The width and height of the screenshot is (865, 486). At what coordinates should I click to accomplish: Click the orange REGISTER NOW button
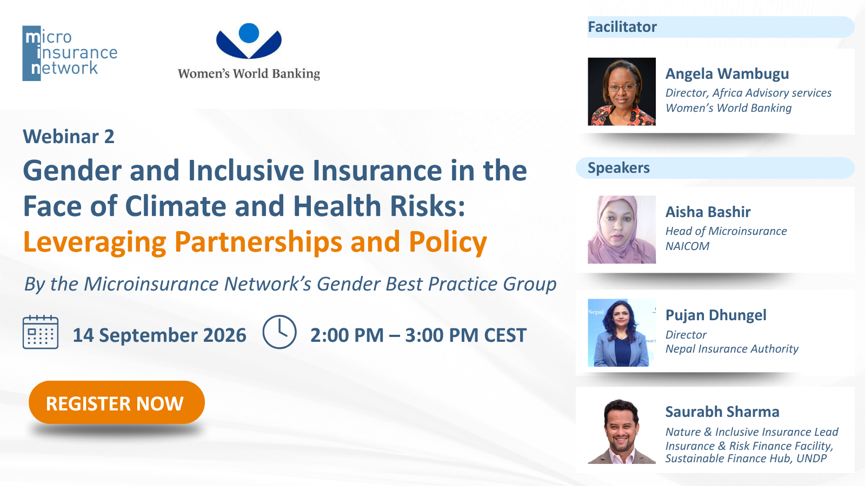click(x=117, y=403)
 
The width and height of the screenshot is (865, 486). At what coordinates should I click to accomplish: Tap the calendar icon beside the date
click(x=41, y=332)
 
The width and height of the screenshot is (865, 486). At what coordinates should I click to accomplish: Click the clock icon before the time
click(x=280, y=332)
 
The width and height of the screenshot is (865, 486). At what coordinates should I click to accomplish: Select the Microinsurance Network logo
click(x=70, y=53)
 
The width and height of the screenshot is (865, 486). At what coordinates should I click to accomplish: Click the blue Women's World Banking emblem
click(x=249, y=41)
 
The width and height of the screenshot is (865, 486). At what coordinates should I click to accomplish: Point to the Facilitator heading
click(x=622, y=27)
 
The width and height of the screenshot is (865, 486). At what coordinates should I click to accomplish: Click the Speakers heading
click(x=618, y=168)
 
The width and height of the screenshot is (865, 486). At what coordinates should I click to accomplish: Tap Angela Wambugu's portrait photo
click(x=622, y=91)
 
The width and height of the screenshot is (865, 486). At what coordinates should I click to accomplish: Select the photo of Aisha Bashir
click(x=622, y=230)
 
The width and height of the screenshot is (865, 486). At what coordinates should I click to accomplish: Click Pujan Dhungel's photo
click(x=622, y=333)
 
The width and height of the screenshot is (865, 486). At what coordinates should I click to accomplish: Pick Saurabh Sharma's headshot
click(x=622, y=431)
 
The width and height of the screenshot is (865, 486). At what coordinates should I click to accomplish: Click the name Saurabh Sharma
click(x=722, y=412)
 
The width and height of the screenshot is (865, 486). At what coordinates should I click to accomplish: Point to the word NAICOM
click(x=687, y=246)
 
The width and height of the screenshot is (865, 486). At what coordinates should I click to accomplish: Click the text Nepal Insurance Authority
click(x=732, y=349)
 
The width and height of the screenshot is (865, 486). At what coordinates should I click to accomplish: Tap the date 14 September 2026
click(x=159, y=335)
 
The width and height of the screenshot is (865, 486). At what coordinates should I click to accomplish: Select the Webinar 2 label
click(x=69, y=137)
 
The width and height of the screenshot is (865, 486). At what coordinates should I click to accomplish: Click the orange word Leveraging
click(x=95, y=242)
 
